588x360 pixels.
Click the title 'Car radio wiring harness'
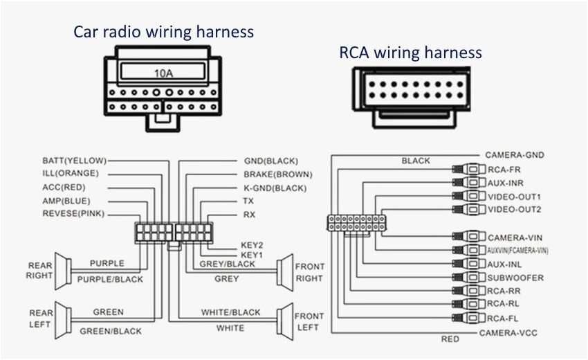point(164,32)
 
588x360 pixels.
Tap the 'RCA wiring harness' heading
point(410,53)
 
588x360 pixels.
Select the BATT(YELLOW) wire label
point(74,160)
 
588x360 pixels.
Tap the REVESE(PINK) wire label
point(73,214)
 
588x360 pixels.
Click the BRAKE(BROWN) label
point(277,174)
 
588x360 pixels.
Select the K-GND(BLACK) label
point(275,188)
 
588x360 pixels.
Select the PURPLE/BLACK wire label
point(110,279)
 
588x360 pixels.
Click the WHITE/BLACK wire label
point(230,312)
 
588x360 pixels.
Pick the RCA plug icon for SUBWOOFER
point(468,278)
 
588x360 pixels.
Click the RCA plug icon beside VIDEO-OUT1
point(468,197)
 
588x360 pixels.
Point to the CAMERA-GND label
point(514,155)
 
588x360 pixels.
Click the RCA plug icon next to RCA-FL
point(468,318)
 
